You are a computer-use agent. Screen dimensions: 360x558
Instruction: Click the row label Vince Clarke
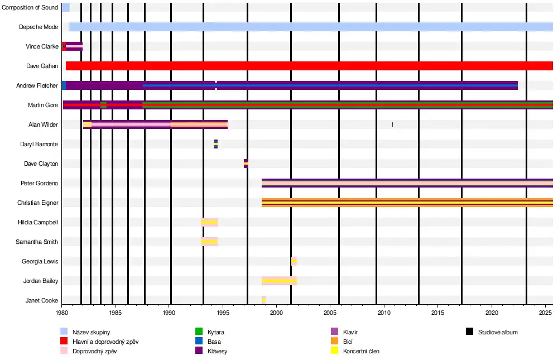click(42, 46)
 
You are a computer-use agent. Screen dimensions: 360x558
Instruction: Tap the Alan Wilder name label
click(43, 124)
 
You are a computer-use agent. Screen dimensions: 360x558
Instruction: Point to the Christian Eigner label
click(38, 203)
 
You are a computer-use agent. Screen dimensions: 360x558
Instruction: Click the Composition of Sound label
click(30, 7)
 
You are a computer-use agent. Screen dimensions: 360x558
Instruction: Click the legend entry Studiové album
click(498, 332)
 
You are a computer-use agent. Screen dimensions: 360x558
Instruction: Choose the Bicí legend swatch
click(335, 342)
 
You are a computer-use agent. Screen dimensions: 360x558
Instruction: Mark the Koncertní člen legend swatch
click(335, 351)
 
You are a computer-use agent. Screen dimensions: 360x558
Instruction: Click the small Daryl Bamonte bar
click(216, 144)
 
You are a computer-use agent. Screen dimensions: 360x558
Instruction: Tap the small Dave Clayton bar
click(246, 164)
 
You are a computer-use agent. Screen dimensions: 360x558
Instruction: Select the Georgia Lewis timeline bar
click(294, 261)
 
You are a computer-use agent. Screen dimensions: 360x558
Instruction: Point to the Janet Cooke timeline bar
click(263, 300)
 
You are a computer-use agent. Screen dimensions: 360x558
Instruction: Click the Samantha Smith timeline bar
click(209, 242)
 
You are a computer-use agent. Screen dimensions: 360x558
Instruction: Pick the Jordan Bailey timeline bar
click(279, 281)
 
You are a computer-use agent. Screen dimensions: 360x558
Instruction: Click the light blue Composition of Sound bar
click(65, 7)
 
